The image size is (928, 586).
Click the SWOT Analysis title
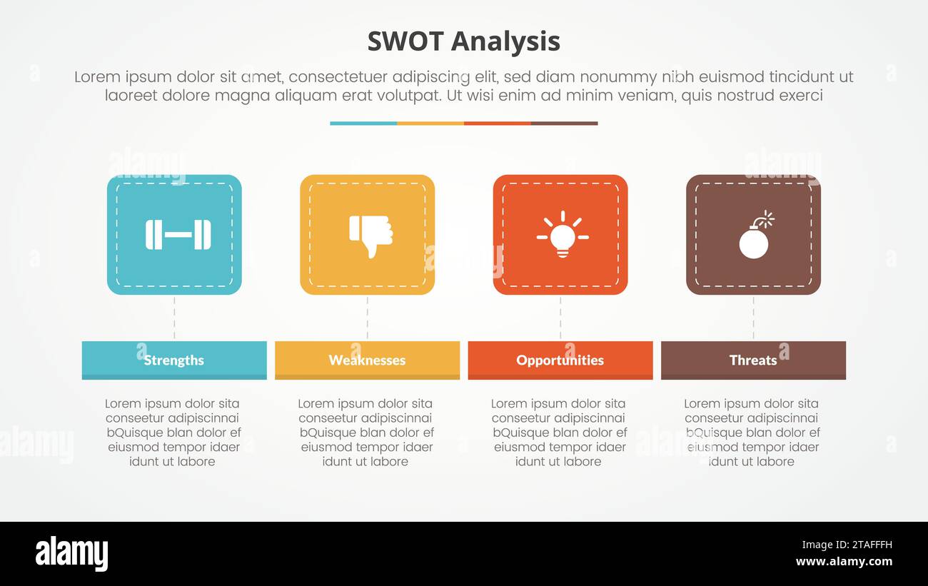tap(463, 41)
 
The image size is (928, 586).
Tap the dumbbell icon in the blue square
tap(178, 235)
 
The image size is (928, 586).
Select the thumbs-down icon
tap(370, 235)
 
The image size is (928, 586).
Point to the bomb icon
tap(755, 235)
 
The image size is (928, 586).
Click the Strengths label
tap(174, 360)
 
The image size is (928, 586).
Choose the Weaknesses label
tap(367, 360)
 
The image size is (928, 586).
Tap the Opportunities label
tap(560, 360)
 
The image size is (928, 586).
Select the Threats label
tap(753, 360)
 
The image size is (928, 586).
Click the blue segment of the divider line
tap(363, 123)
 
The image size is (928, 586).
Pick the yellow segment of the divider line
tap(430, 123)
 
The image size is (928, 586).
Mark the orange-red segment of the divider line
tap(498, 123)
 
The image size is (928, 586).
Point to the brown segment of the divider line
tap(565, 123)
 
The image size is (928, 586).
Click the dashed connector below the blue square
tap(174, 318)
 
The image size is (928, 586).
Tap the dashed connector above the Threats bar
tap(753, 318)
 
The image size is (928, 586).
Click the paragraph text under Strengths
tap(173, 433)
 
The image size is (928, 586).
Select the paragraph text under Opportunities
tap(559, 433)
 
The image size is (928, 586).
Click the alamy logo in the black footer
tap(71, 554)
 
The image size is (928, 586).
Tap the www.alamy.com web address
tap(844, 562)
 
